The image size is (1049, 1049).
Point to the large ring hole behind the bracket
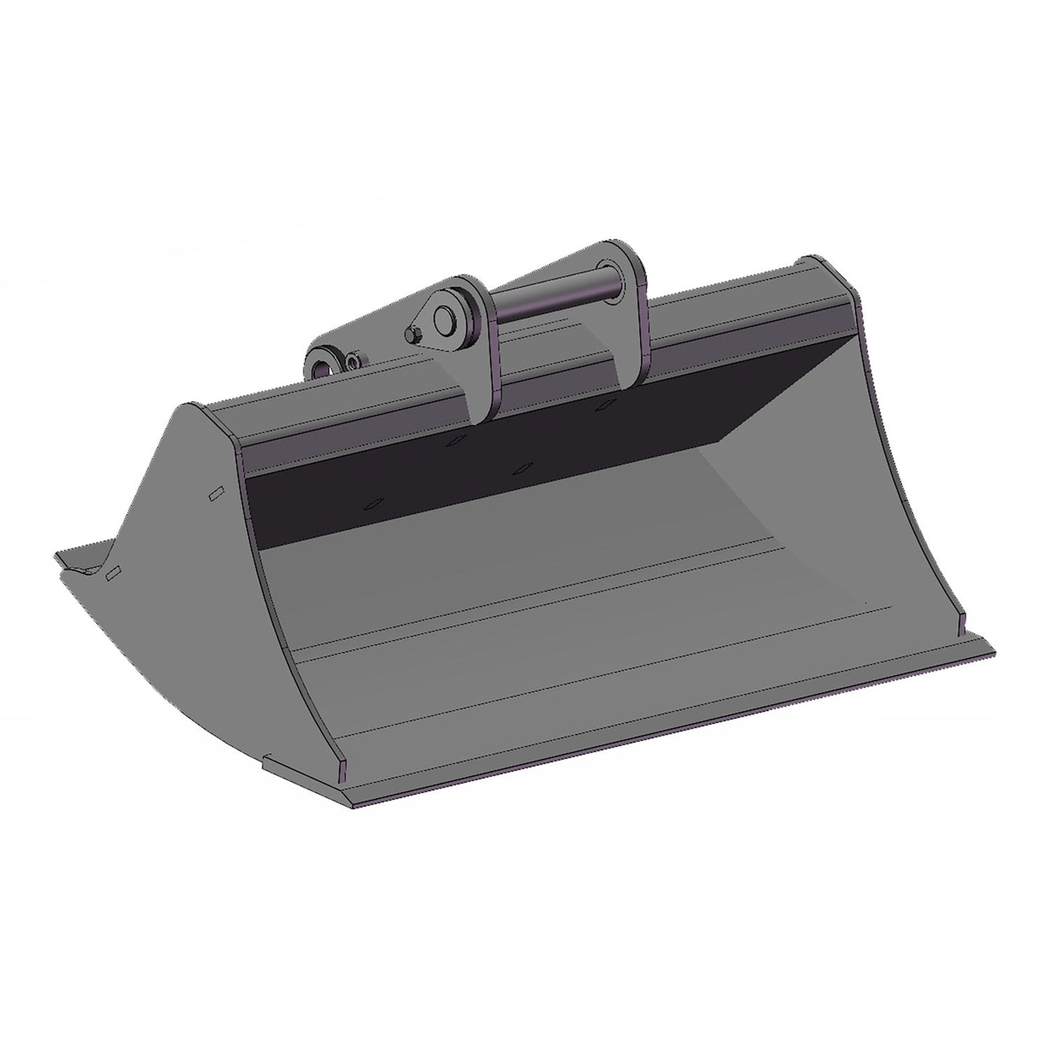(322, 362)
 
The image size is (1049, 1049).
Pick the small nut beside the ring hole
(353, 360)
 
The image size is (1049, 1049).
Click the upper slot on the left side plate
(214, 493)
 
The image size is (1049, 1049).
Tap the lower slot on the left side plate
(113, 573)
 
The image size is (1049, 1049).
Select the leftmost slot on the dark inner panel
(375, 503)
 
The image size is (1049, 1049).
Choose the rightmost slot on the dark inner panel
(602, 407)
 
